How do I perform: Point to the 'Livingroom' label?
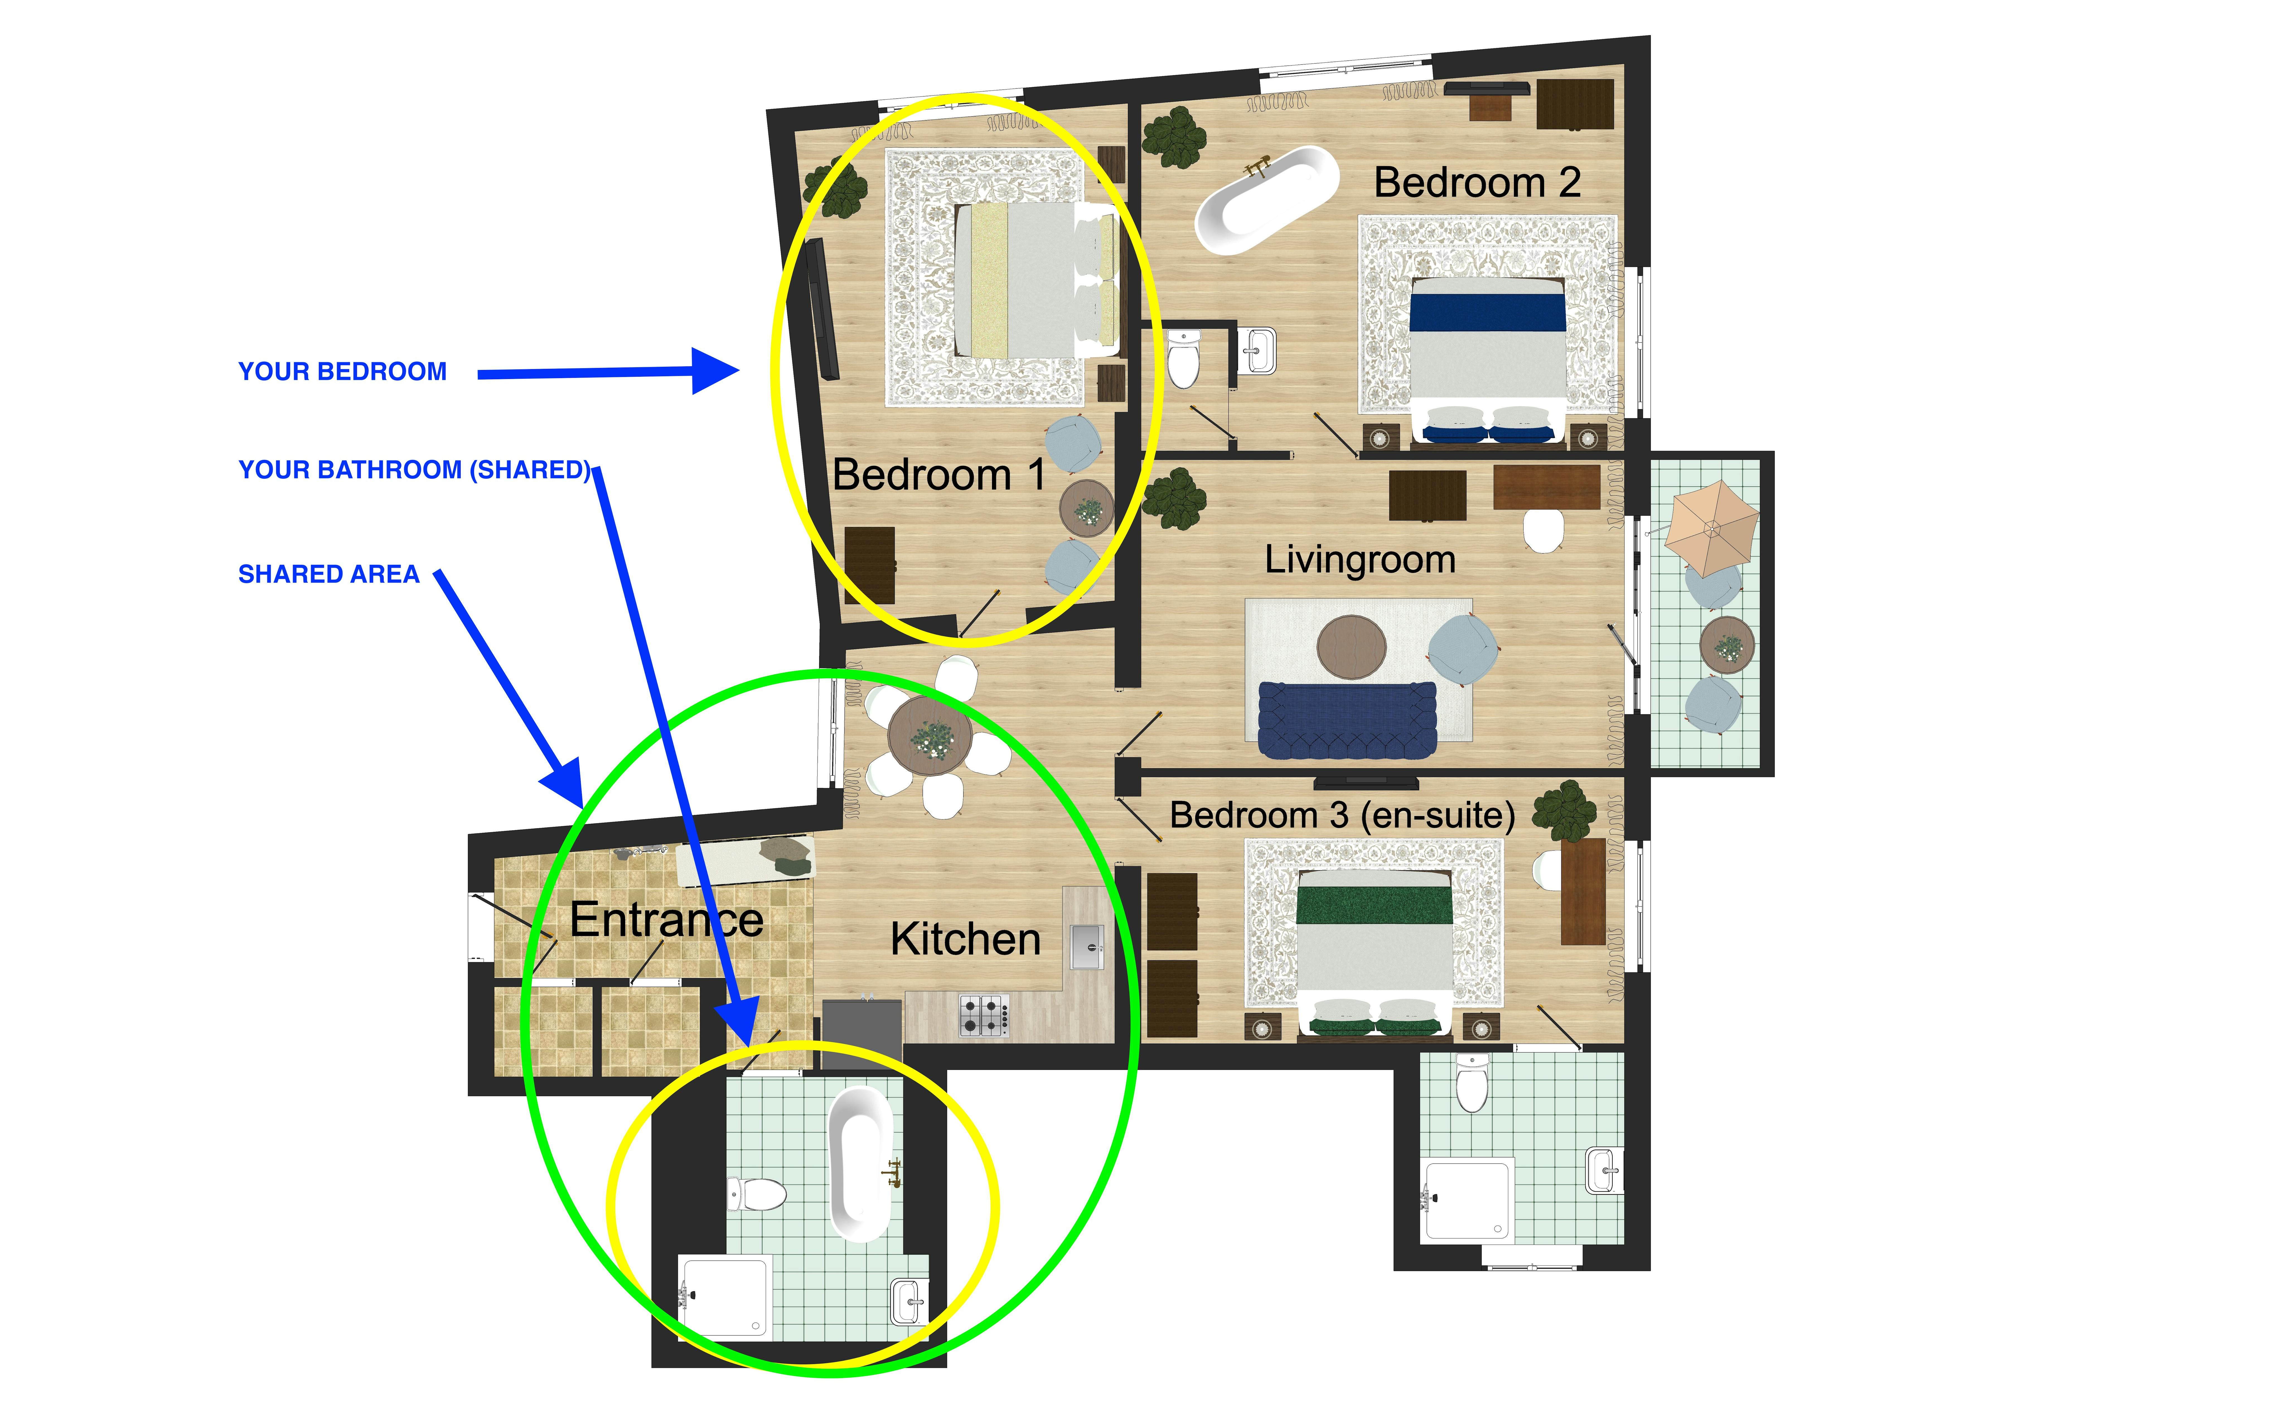coord(1360,560)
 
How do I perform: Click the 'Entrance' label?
coord(666,920)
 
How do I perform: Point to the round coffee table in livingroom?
coord(1352,647)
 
